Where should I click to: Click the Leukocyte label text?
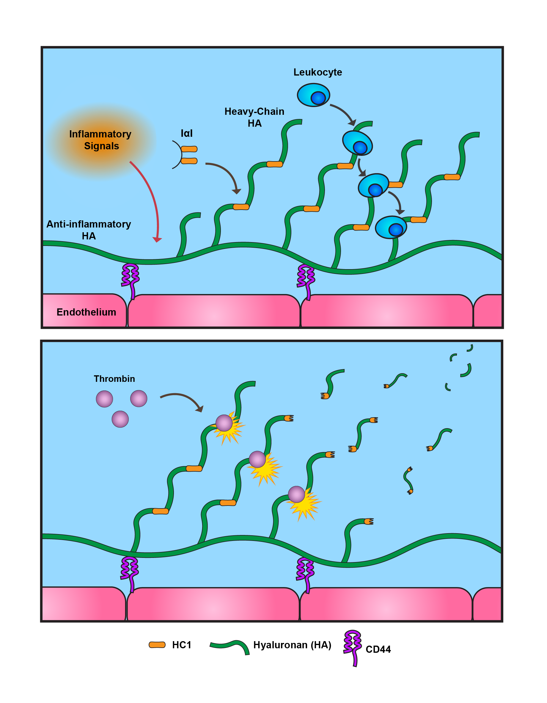tap(317, 72)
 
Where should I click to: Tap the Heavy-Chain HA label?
tap(254, 117)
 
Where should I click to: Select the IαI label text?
tap(187, 133)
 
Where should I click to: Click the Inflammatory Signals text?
tap(100, 140)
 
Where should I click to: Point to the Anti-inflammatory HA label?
tap(89, 230)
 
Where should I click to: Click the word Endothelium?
tap(86, 312)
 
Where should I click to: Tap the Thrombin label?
tap(114, 379)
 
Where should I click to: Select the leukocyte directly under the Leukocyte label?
tap(313, 95)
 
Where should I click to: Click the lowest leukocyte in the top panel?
tap(391, 227)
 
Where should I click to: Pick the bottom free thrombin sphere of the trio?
tap(120, 419)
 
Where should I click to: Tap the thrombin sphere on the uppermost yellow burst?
tap(224, 423)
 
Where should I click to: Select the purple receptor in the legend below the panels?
tap(353, 647)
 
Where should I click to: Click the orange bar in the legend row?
tap(157, 645)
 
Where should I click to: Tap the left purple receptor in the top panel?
tap(130, 279)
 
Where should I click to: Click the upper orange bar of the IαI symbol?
tap(189, 149)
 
